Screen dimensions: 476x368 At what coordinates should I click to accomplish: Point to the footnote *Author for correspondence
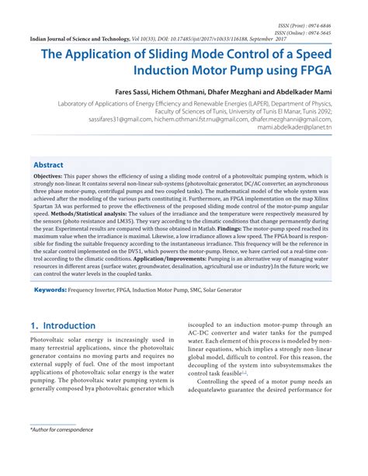64,450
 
